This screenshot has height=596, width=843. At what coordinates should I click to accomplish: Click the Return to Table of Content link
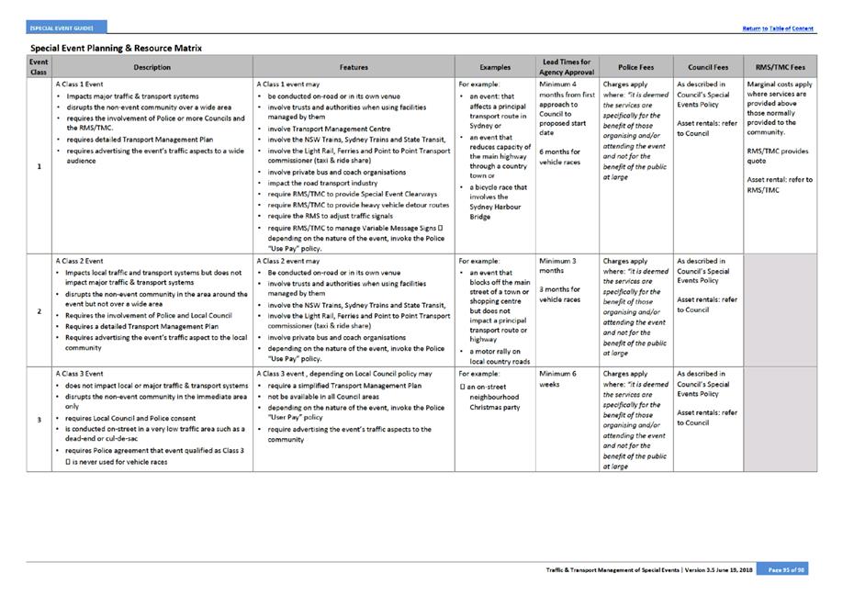pyautogui.click(x=778, y=28)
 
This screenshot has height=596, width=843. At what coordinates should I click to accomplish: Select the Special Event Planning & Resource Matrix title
pyautogui.click(x=116, y=48)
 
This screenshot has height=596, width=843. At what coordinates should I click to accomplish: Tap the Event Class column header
pyautogui.click(x=39, y=67)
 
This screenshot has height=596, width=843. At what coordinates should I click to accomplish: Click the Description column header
pyautogui.click(x=152, y=67)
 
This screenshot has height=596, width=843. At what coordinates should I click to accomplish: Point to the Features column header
pyautogui.click(x=354, y=67)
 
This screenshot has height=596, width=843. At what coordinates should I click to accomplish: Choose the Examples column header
pyautogui.click(x=495, y=67)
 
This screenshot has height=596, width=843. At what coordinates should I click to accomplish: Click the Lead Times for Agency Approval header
pyautogui.click(x=568, y=67)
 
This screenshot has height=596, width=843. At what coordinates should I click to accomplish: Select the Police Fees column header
pyautogui.click(x=635, y=67)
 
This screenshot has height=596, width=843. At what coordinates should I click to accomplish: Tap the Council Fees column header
pyautogui.click(x=708, y=67)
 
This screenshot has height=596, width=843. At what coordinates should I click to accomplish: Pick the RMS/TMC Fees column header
pyautogui.click(x=780, y=67)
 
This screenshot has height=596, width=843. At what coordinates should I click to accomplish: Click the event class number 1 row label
pyautogui.click(x=39, y=166)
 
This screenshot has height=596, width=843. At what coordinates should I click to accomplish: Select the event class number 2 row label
pyautogui.click(x=39, y=311)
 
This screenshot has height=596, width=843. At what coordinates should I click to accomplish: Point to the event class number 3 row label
pyautogui.click(x=39, y=420)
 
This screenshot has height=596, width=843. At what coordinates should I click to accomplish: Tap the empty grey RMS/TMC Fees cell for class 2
pyautogui.click(x=780, y=311)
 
